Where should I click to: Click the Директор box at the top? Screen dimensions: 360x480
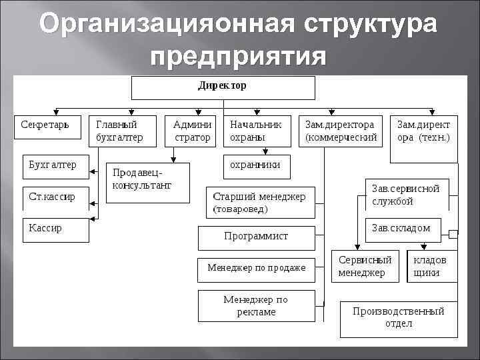click(x=223, y=87)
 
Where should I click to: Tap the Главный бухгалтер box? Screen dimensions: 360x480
click(x=123, y=131)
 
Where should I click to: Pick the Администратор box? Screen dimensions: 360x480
click(x=192, y=131)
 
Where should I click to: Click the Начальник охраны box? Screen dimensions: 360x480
click(x=257, y=131)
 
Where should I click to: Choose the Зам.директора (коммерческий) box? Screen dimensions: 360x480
click(x=341, y=131)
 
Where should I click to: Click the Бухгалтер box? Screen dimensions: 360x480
click(x=56, y=167)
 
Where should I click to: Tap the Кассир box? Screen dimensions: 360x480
click(x=56, y=229)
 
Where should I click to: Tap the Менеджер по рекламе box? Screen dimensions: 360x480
click(x=256, y=306)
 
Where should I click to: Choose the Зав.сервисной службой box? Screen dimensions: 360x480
click(x=406, y=195)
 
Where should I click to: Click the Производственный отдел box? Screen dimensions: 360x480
click(x=398, y=319)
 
